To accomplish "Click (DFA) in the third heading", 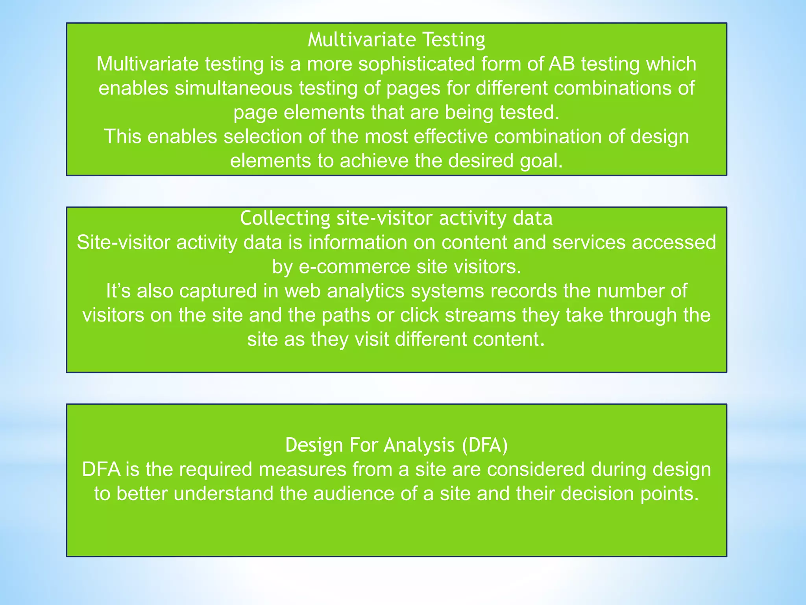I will pyautogui.click(x=485, y=445).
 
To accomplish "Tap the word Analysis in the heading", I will pyautogui.click(x=419, y=445).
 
